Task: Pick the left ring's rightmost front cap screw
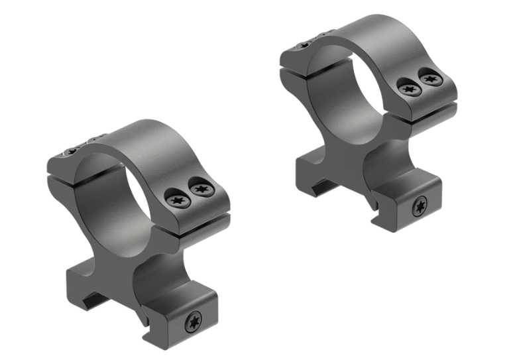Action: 200,190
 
